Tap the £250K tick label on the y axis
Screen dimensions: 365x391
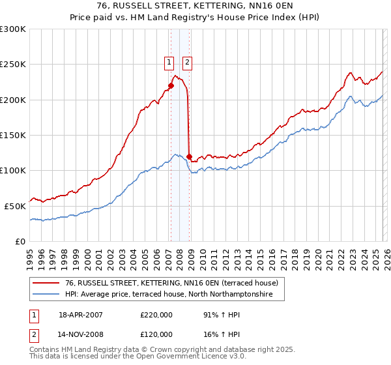(x=13, y=65)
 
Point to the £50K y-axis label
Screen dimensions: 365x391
(x=15, y=206)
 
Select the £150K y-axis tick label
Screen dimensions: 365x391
(x=13, y=135)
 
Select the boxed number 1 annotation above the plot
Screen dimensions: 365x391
(x=169, y=63)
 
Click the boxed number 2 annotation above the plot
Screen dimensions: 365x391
(x=187, y=63)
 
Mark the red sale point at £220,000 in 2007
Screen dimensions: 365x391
(x=171, y=85)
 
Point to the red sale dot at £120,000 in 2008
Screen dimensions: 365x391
(x=190, y=156)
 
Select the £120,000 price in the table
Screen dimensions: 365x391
(x=156, y=334)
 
